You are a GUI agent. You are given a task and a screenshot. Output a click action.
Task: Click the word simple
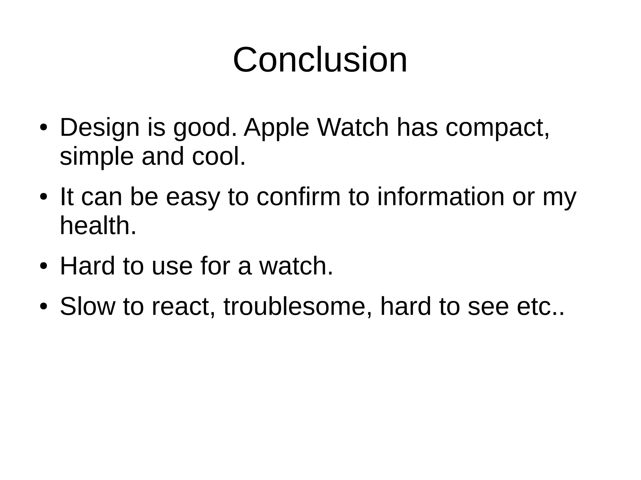click(96, 156)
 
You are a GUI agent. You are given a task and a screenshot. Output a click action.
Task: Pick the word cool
click(218, 156)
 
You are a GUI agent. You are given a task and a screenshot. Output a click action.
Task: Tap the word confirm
click(298, 197)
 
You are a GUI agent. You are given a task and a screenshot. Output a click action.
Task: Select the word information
click(441, 197)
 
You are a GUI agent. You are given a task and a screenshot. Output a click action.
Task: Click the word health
click(98, 226)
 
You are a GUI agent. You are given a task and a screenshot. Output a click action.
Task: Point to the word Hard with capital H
click(87, 266)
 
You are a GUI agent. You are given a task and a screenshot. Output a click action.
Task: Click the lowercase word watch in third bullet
click(296, 266)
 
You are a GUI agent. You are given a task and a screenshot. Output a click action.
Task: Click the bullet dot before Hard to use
click(44, 266)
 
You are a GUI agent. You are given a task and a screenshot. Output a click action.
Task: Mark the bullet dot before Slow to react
click(44, 307)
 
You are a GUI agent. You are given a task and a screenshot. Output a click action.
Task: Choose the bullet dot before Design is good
click(44, 128)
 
